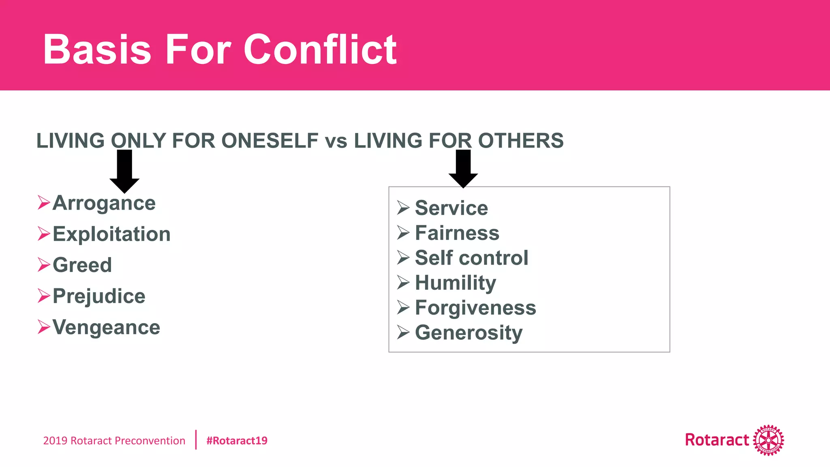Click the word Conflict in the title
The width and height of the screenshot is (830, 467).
pyautogui.click(x=320, y=49)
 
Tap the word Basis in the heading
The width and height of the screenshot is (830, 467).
pyautogui.click(x=97, y=49)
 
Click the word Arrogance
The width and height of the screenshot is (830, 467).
pyautogui.click(x=104, y=203)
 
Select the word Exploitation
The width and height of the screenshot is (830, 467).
pyautogui.click(x=112, y=234)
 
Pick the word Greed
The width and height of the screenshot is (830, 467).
pyautogui.click(x=82, y=265)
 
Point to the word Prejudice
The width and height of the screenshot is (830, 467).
pyautogui.click(x=99, y=296)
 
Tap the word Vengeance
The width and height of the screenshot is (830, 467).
pyautogui.click(x=107, y=327)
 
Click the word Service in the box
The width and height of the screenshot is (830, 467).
pyautogui.click(x=451, y=208)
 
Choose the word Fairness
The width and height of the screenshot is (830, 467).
pyautogui.click(x=457, y=233)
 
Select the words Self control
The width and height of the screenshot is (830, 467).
pyautogui.click(x=472, y=258)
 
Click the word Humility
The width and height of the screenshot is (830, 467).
pyautogui.click(x=456, y=283)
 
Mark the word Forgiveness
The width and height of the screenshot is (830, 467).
pyautogui.click(x=475, y=308)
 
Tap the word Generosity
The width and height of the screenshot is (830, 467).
pyautogui.click(x=469, y=333)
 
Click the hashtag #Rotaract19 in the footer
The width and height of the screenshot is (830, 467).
pyautogui.click(x=237, y=441)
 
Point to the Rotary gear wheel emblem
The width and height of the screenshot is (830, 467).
pyautogui.click(x=768, y=440)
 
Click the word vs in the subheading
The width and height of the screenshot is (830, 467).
pyautogui.click(x=336, y=141)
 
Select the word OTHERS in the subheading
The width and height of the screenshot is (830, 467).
pyautogui.click(x=521, y=141)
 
